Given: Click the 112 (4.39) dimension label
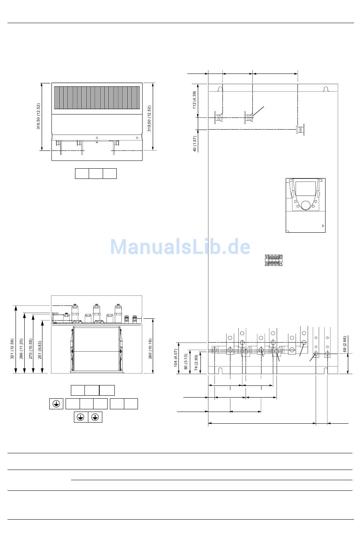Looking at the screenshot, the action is (194, 100).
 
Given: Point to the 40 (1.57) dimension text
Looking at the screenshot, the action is (194, 144).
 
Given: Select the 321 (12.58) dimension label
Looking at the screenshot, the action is (12, 349).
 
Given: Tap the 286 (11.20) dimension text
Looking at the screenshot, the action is (21, 349).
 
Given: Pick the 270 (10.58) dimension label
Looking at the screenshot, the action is (30, 349).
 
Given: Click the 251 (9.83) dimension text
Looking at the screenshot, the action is (39, 350).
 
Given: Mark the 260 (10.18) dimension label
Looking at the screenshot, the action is (150, 349).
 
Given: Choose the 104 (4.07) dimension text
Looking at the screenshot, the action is (175, 358).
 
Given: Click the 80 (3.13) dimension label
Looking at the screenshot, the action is (186, 362).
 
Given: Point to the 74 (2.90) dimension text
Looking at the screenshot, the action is (196, 362).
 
